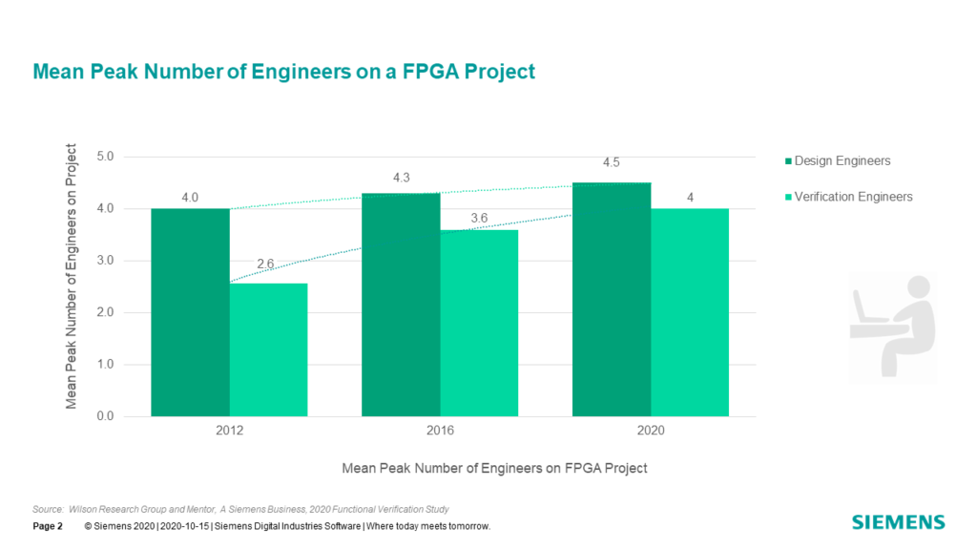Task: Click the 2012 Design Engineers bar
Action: (x=190, y=312)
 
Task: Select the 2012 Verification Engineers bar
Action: (x=268, y=349)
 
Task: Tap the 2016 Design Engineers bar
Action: (x=401, y=305)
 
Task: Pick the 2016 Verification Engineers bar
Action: (x=479, y=323)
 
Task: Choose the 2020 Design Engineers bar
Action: (x=612, y=299)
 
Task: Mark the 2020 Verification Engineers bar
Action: (x=689, y=312)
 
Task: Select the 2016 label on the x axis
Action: (x=440, y=432)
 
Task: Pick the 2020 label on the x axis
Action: (x=650, y=432)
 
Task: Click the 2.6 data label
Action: (x=268, y=264)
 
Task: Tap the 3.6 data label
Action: (x=479, y=219)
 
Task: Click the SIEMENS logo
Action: (x=898, y=522)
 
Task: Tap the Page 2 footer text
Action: (x=47, y=527)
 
